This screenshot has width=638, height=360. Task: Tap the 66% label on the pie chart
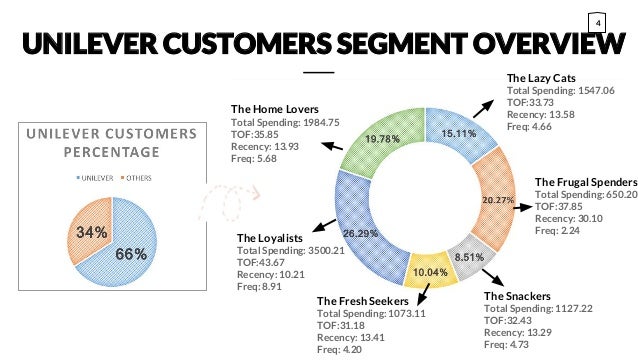coord(130,254)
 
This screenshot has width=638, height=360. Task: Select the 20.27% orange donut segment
coord(497,199)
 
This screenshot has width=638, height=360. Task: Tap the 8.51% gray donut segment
coord(469,256)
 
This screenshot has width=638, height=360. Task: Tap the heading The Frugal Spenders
coord(586,181)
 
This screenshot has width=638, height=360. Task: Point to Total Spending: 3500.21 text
coord(290,251)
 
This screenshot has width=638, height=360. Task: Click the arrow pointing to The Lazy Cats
coord(487,107)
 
